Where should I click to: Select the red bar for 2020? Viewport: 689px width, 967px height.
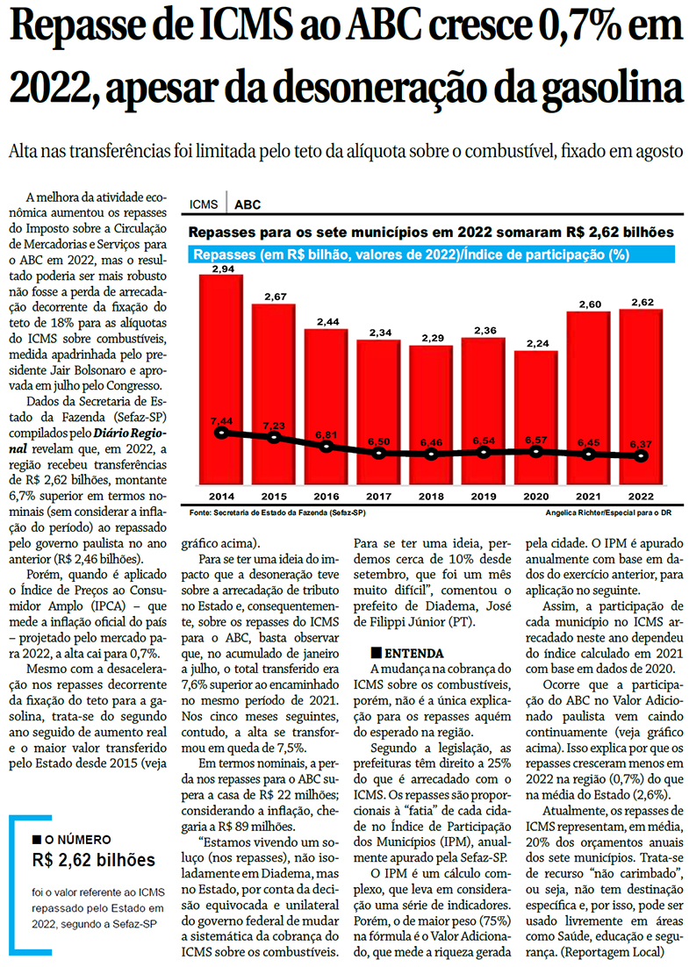click(535, 412)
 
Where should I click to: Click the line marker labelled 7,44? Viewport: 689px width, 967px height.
click(221, 433)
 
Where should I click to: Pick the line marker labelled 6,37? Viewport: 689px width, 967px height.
click(642, 455)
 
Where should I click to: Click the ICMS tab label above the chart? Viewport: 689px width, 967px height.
click(204, 205)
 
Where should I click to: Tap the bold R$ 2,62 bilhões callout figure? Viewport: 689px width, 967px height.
click(93, 859)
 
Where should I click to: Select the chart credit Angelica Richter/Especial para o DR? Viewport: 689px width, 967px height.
click(606, 512)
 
